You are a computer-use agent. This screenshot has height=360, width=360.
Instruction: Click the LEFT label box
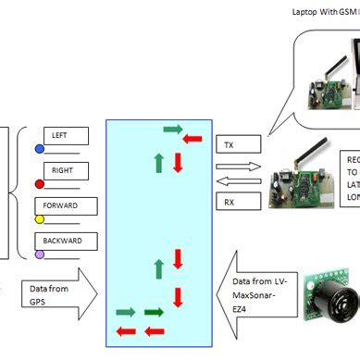click(x=66, y=136)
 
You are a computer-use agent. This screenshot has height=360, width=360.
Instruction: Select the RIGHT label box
click(x=65, y=171)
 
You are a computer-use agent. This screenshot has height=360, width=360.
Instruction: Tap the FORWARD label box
click(x=65, y=206)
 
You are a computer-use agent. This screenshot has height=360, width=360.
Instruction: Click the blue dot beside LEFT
click(x=39, y=148)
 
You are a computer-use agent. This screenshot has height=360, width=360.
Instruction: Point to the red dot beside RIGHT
click(x=39, y=183)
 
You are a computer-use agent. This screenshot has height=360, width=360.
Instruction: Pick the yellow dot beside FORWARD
click(x=39, y=219)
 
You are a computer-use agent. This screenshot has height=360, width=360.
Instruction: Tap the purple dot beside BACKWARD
click(x=39, y=254)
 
